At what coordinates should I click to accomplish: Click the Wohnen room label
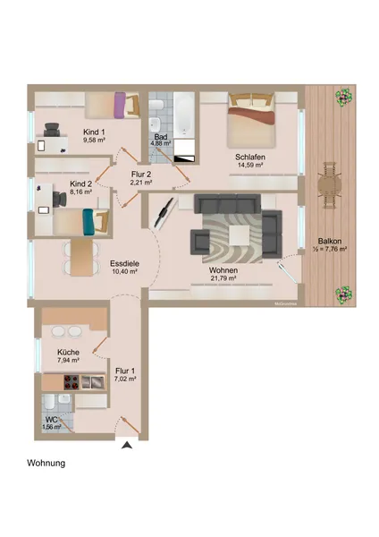(223, 269)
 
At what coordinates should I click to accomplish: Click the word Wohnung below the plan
(46, 465)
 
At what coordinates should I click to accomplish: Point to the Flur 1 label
(125, 370)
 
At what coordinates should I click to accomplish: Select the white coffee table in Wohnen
(240, 234)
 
